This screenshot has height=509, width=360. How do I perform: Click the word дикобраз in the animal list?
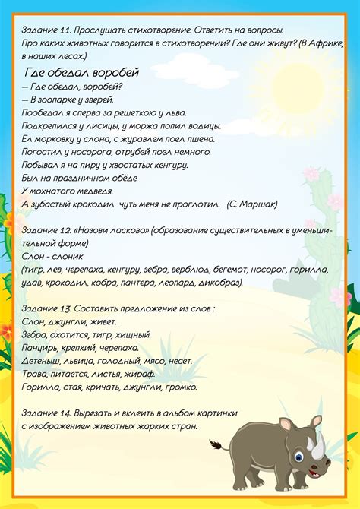(217, 283)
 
